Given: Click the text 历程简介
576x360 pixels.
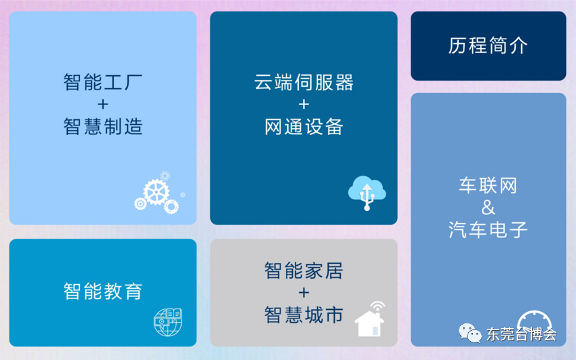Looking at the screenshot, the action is click(x=488, y=46).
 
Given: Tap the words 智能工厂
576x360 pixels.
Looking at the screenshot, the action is click(x=103, y=82).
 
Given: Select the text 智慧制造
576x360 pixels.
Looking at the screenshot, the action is click(x=103, y=127).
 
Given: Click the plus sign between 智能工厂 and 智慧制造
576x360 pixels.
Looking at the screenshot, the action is click(x=103, y=104).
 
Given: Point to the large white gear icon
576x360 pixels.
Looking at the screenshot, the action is click(x=157, y=192).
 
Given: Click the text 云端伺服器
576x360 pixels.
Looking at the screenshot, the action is click(x=304, y=82).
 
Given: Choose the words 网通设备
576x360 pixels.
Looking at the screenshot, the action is click(x=304, y=127).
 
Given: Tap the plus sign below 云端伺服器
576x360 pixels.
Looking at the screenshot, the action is click(x=304, y=104).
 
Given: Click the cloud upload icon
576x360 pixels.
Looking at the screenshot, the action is click(x=367, y=193).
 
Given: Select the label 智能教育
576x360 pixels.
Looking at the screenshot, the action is click(x=103, y=292).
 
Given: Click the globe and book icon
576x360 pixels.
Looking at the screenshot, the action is click(x=168, y=322).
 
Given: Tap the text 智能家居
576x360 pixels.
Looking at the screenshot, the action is click(x=304, y=271).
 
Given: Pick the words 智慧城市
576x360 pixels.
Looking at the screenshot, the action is click(x=304, y=315).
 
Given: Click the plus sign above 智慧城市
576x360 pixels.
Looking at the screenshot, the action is click(x=304, y=293).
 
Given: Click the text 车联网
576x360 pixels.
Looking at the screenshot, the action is click(x=488, y=186).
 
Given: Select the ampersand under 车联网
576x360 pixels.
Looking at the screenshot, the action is click(x=488, y=207).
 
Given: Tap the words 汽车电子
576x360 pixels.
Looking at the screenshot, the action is click(x=488, y=230).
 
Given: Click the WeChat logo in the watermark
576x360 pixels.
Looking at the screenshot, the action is click(x=470, y=333).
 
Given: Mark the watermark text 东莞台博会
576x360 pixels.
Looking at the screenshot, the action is click(x=522, y=334).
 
